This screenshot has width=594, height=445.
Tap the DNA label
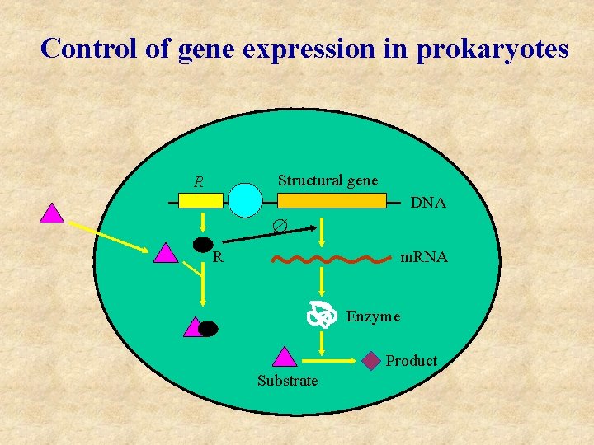pyautogui.click(x=428, y=203)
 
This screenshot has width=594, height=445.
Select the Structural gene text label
pyautogui.click(x=328, y=180)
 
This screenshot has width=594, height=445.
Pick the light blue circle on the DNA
pyautogui.click(x=244, y=200)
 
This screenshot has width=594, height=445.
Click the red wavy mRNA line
pyautogui.click(x=331, y=259)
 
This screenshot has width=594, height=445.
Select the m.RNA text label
pyautogui.click(x=423, y=258)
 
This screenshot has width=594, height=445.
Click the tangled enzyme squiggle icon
pyautogui.click(x=323, y=314)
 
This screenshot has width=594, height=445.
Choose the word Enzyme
pyautogui.click(x=373, y=316)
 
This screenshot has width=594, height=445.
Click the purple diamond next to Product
pyautogui.click(x=372, y=360)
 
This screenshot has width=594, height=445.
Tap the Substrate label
pyautogui.click(x=287, y=381)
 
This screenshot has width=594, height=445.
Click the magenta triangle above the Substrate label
pyautogui.click(x=284, y=356)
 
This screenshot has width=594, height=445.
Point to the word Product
pyautogui.click(x=411, y=361)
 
